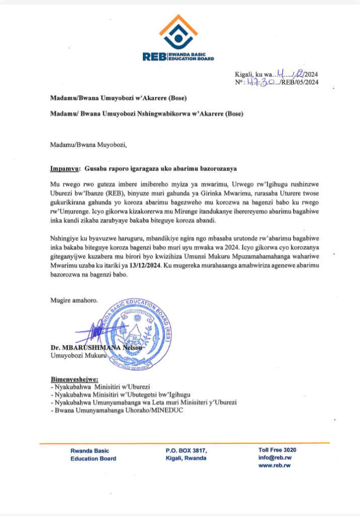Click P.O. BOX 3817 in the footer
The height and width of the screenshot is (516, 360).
point(186,450)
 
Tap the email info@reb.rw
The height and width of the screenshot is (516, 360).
point(275,458)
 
